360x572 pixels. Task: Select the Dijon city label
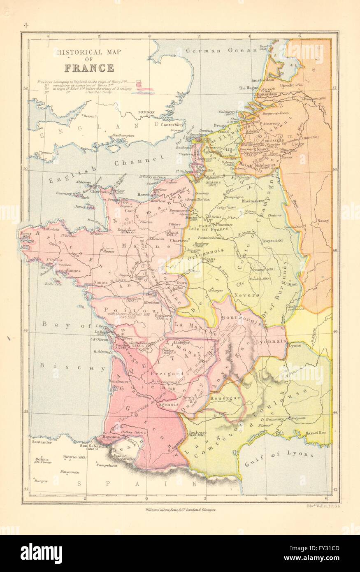292,284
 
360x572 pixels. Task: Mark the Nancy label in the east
323,221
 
